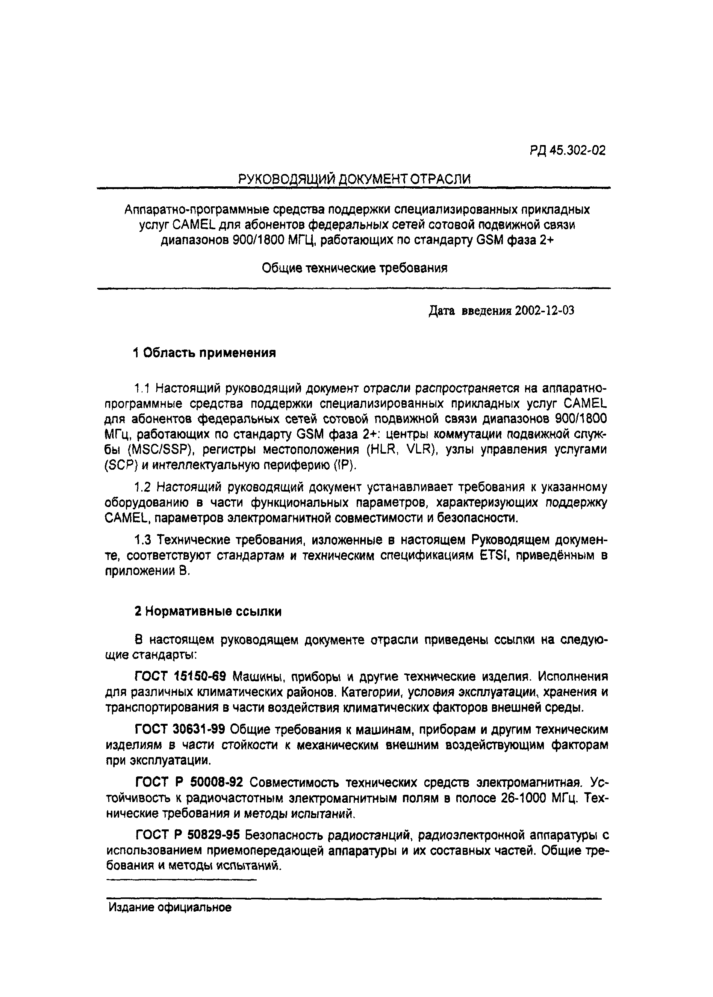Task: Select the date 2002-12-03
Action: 544,311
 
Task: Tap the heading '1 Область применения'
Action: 204,353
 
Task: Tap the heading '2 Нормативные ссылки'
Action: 208,611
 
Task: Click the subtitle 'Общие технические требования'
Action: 354,268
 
